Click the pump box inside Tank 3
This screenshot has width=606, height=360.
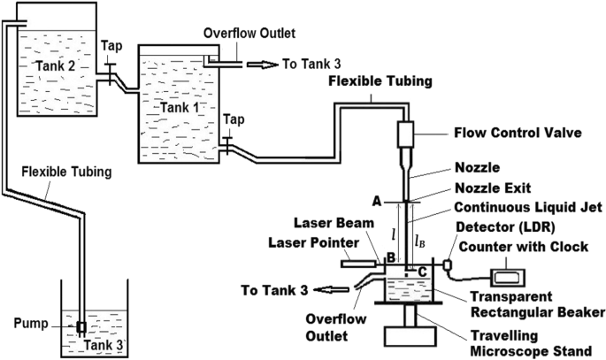[x=81, y=326]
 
